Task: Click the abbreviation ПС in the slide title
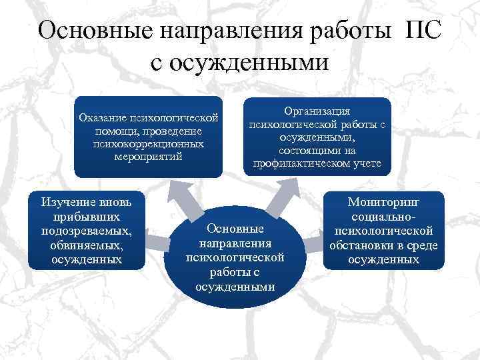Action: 421,31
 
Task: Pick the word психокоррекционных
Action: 148,144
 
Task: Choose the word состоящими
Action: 317,151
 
